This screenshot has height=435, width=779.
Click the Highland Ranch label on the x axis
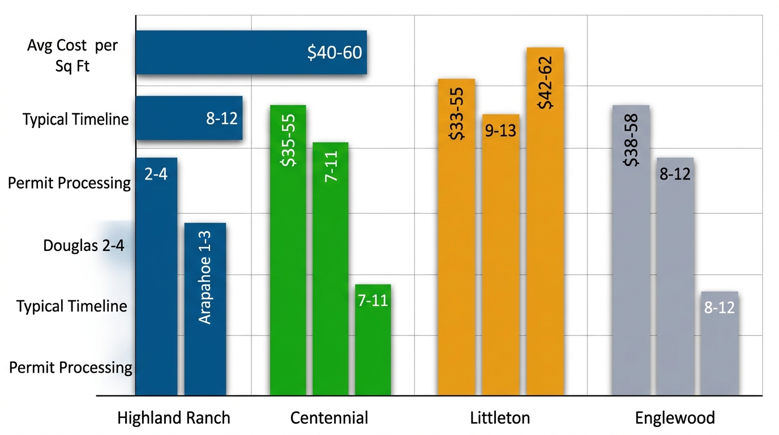[x=174, y=419]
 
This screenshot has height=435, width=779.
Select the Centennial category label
[x=329, y=419]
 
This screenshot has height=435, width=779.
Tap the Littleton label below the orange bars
[x=500, y=419]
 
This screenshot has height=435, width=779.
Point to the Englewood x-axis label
[x=675, y=419]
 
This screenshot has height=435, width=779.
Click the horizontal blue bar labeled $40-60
[x=251, y=53]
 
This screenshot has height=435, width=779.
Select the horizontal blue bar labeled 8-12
[x=189, y=118]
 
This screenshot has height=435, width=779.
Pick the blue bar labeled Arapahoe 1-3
[x=205, y=309]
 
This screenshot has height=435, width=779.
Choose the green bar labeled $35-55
[x=288, y=249]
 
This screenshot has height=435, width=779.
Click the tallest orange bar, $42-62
[x=545, y=221]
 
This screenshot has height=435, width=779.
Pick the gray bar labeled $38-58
[x=631, y=249]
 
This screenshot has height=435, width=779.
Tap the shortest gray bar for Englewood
[x=719, y=343]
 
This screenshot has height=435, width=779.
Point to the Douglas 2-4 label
[x=84, y=246]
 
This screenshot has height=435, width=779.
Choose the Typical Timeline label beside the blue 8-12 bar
[x=75, y=120]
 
